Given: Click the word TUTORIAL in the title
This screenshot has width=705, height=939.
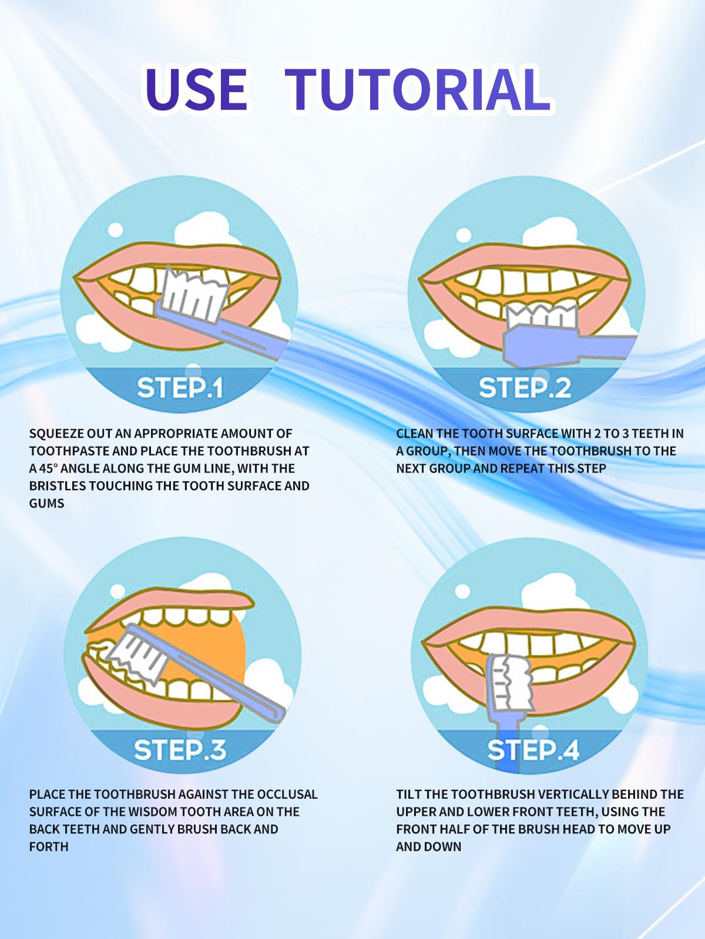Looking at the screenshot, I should (417, 90).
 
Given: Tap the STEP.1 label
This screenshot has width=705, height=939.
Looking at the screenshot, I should (180, 388).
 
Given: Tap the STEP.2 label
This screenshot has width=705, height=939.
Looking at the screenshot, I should (525, 388).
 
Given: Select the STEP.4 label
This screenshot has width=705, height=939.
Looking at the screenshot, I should (533, 749).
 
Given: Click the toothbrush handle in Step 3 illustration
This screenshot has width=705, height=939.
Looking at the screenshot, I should (235, 687).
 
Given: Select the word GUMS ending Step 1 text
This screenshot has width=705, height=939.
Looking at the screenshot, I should (46, 503).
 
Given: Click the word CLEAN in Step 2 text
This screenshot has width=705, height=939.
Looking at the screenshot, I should (415, 434).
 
